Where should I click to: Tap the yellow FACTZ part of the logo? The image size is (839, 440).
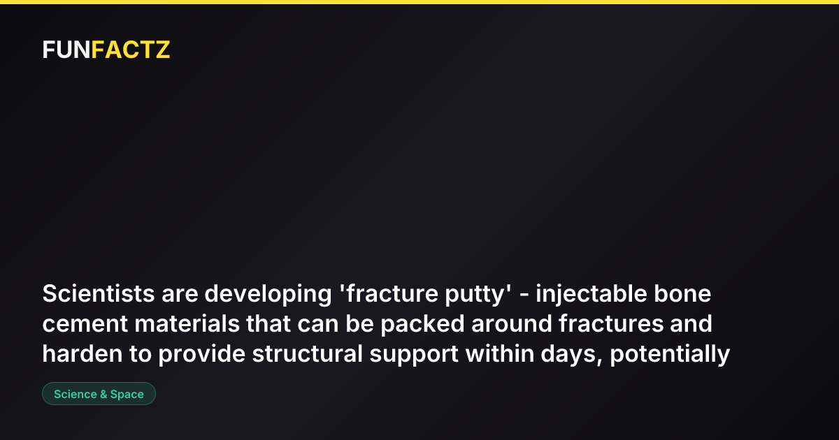[131, 50]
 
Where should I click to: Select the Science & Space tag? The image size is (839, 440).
[99, 394]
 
